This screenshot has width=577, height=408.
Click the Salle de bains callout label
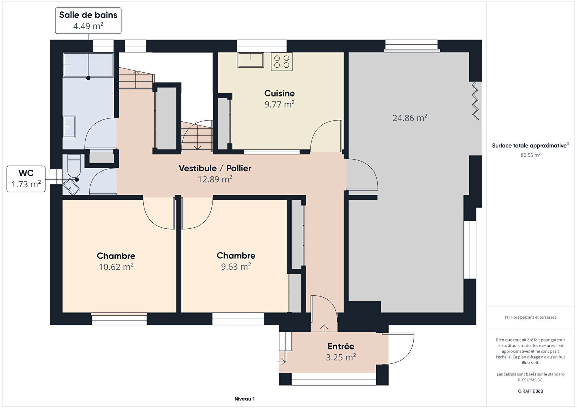point(88,20)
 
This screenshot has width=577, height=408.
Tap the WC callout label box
point(26,179)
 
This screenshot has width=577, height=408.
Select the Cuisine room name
point(279,93)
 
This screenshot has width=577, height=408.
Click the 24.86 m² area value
point(410,118)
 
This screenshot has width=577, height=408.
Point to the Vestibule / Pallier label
point(215,168)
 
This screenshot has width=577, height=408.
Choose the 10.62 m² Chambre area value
point(116,267)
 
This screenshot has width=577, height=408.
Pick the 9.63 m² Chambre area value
point(236,266)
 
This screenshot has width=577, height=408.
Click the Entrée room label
point(341,346)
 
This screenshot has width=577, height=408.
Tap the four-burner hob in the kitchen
point(282,62)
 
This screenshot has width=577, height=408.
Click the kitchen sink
point(251,60)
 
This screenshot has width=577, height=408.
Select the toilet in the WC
point(74,166)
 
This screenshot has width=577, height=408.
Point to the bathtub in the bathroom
point(88,65)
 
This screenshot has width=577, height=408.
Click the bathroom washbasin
point(69,127)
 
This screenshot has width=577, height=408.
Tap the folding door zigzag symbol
point(475,101)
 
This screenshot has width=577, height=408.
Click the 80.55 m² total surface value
point(530,155)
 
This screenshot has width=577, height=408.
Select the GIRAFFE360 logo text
point(530,391)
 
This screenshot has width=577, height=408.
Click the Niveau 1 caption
point(245,399)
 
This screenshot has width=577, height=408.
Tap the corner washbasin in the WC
point(71,186)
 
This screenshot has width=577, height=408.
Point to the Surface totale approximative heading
point(530,146)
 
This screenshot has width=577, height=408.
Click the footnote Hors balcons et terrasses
point(530,317)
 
